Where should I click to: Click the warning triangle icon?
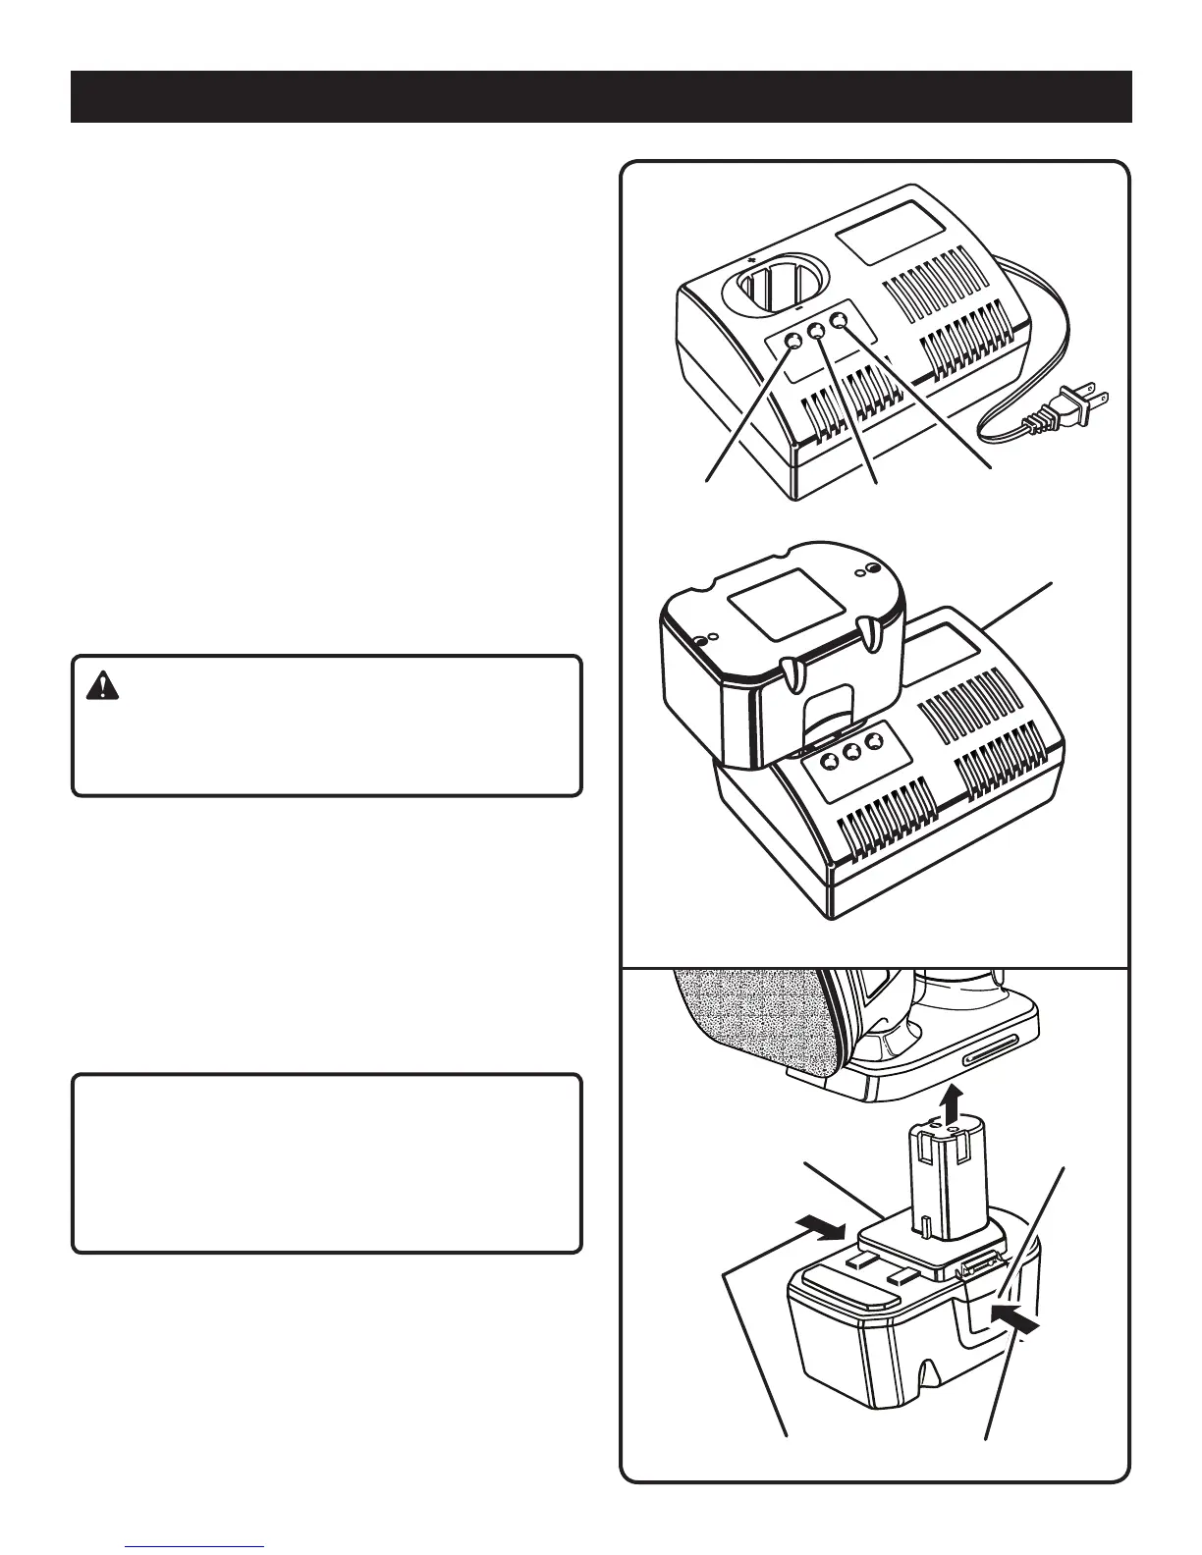point(101,686)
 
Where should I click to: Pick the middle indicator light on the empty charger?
point(817,332)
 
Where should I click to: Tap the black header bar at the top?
point(601,96)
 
